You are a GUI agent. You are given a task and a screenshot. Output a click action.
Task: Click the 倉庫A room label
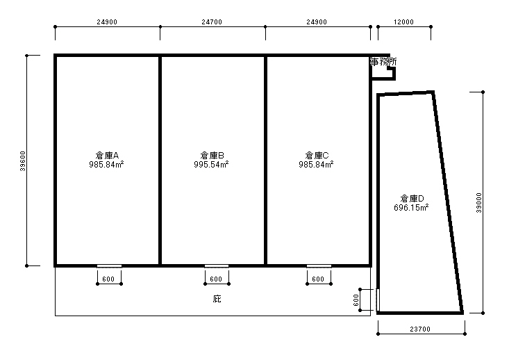[107, 155]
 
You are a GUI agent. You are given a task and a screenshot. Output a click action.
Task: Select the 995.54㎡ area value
[211, 165]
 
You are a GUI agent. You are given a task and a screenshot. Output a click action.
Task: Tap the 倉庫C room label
[317, 155]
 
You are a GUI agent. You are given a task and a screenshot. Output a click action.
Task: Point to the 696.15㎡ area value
[411, 208]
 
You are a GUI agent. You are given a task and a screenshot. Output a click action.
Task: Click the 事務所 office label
[383, 62]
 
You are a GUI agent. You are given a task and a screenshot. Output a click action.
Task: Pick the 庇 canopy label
[217, 299]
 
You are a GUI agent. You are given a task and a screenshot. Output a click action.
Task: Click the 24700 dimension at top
[212, 22]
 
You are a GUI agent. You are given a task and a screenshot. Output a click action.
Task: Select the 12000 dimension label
[403, 22]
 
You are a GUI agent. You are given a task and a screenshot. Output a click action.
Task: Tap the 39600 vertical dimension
[23, 161]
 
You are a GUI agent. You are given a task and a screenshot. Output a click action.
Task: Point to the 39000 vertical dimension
[479, 203]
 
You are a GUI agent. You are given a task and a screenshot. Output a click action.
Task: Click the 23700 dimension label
[420, 329]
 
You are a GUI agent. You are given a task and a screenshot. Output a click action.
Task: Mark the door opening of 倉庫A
[110, 266]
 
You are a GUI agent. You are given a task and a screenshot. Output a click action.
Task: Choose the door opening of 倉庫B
[217, 266]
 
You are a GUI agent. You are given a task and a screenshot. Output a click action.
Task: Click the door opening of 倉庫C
[319, 266]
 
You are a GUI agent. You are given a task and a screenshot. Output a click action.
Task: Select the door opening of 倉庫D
[378, 300]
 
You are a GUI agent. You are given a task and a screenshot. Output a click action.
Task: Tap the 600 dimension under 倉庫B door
[216, 279]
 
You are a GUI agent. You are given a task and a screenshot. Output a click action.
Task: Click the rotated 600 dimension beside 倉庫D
[356, 300]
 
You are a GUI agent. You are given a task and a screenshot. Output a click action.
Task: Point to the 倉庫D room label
[412, 199]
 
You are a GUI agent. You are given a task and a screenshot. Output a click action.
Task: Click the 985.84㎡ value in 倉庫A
[106, 165]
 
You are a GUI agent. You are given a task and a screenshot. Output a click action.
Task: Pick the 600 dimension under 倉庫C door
[318, 279]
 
